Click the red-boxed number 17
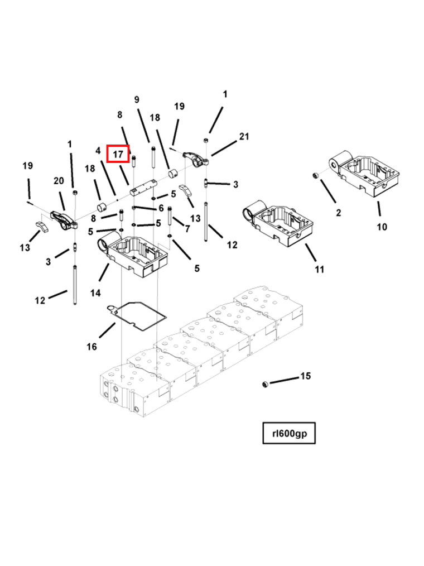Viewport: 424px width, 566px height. [x=118, y=154]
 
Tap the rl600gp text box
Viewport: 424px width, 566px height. [x=289, y=433]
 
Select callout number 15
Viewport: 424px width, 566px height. [x=305, y=376]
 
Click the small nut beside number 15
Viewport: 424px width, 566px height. [x=266, y=384]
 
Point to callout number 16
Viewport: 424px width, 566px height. [x=91, y=347]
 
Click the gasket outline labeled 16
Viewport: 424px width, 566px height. [x=137, y=314]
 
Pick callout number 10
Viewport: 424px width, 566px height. [x=382, y=227]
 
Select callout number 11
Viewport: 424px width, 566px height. [x=319, y=269]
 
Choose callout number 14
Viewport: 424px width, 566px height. [x=95, y=292]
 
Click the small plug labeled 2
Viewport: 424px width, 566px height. [x=315, y=176]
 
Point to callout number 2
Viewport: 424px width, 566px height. [x=338, y=212]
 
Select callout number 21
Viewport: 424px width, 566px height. [x=244, y=136]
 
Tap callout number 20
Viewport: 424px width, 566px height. [x=59, y=180]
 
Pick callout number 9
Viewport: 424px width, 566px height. [x=137, y=99]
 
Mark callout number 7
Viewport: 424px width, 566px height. [x=187, y=229]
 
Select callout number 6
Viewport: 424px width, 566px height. [x=161, y=208]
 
